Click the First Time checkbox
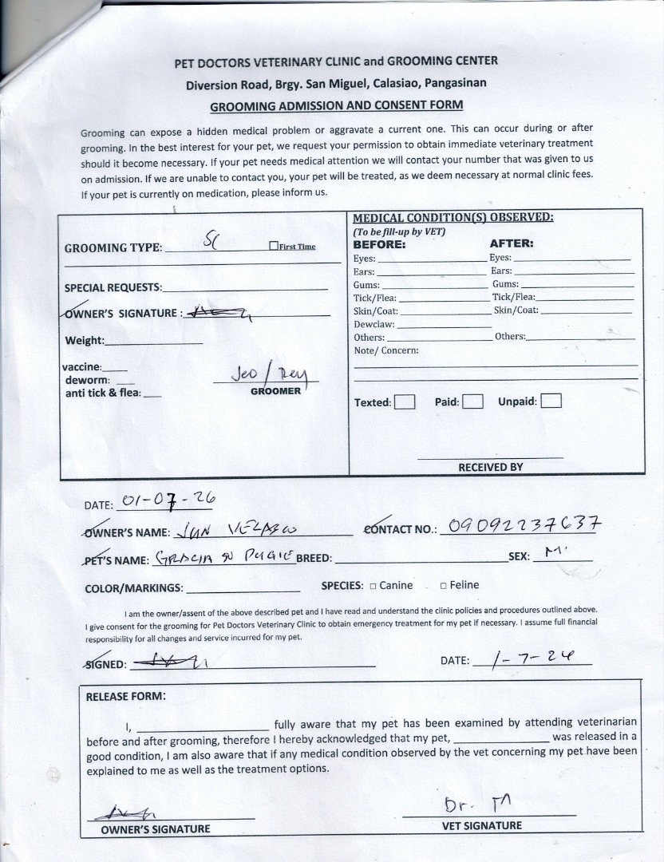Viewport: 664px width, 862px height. click(x=274, y=247)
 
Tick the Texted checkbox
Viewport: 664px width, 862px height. click(x=405, y=402)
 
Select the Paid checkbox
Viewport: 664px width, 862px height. click(x=473, y=401)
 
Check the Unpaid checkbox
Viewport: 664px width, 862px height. click(x=551, y=401)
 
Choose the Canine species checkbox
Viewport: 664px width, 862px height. click(x=373, y=586)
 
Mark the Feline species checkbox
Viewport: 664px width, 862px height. click(x=443, y=586)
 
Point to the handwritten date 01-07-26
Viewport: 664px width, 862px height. click(x=166, y=501)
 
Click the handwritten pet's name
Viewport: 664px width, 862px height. click(x=225, y=557)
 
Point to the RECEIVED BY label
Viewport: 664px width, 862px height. click(x=490, y=467)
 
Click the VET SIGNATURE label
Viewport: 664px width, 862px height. click(x=481, y=826)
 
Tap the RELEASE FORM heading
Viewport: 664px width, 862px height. click(x=125, y=696)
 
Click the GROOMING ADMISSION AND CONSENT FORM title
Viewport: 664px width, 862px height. click(x=336, y=105)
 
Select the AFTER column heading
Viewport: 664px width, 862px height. click(x=511, y=243)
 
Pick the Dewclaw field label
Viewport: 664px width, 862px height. click(x=373, y=324)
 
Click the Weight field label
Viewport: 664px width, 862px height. click(x=85, y=341)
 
